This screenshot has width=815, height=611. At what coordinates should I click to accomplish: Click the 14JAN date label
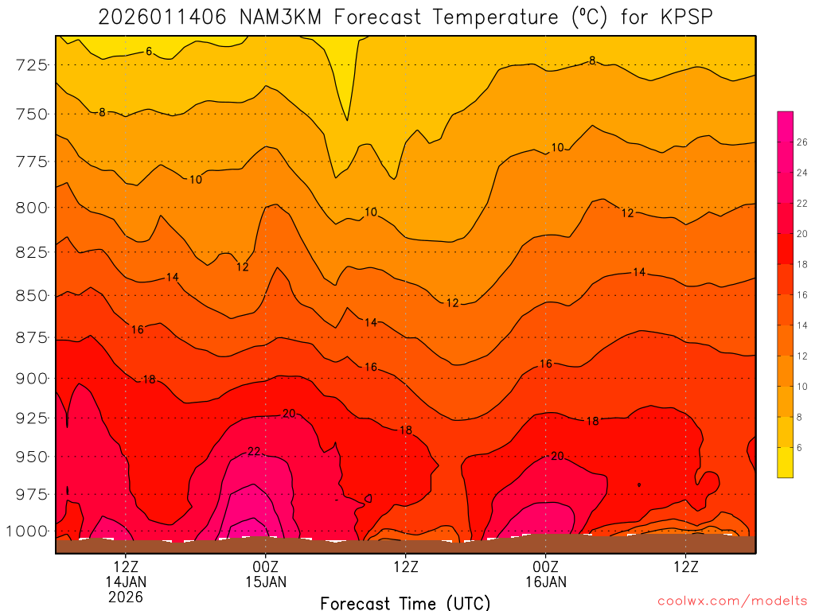[x=126, y=582]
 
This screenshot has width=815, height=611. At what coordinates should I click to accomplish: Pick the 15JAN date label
[x=266, y=582]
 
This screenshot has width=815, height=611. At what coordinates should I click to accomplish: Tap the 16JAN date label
[x=546, y=582]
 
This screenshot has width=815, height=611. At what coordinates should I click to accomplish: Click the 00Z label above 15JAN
[x=266, y=567]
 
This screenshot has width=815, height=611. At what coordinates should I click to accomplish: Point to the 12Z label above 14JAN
[x=126, y=567]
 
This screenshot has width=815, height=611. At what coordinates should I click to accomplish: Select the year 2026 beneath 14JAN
[x=126, y=597]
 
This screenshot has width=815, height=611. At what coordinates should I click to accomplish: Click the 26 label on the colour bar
[x=802, y=142]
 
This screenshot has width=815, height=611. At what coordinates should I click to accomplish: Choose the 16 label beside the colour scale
[x=802, y=295]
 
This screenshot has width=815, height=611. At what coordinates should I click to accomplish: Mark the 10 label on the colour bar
[x=802, y=387]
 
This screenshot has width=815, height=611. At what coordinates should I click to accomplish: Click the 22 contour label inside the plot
[x=254, y=451]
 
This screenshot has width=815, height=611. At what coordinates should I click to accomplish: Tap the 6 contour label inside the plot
[x=149, y=52]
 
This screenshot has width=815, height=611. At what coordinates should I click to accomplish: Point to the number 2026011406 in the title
[x=164, y=17]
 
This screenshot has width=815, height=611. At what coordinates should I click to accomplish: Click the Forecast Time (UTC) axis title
[x=405, y=603]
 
